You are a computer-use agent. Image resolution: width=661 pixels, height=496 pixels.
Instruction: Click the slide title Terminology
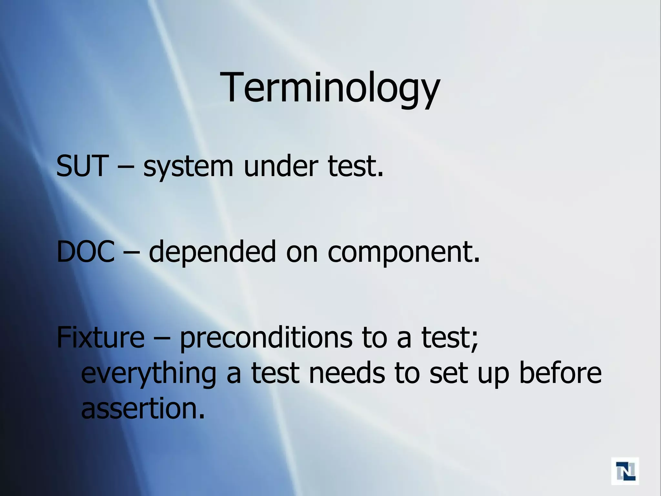click(x=330, y=88)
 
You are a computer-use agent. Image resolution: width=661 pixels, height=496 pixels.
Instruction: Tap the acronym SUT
click(x=81, y=166)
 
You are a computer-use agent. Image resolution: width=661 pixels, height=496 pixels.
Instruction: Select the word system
click(x=188, y=167)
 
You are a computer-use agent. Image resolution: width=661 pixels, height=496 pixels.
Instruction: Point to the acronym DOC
click(x=86, y=252)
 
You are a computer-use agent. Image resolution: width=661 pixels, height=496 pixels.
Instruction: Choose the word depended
click(x=212, y=253)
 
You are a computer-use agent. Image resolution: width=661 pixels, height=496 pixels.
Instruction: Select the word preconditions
click(x=266, y=338)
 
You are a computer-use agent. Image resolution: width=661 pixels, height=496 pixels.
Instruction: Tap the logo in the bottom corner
click(x=625, y=471)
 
